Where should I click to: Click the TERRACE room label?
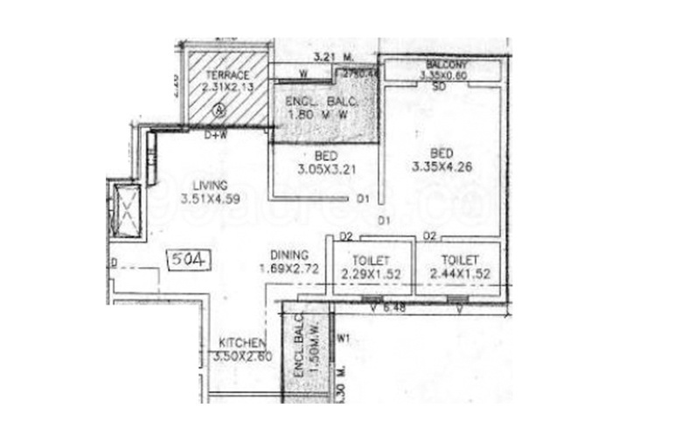[226, 75]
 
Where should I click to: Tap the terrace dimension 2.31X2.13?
[226, 88]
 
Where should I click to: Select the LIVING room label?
[211, 186]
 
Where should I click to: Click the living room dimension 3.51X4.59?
[211, 199]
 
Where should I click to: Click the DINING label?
[289, 254]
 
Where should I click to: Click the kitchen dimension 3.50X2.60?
[243, 355]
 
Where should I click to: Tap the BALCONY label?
[447, 66]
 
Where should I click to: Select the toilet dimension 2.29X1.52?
[372, 274]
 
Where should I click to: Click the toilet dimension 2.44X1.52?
[460, 274]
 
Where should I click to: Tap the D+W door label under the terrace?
[215, 136]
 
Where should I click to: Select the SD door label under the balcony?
[439, 87]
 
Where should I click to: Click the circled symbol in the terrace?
[219, 110]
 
